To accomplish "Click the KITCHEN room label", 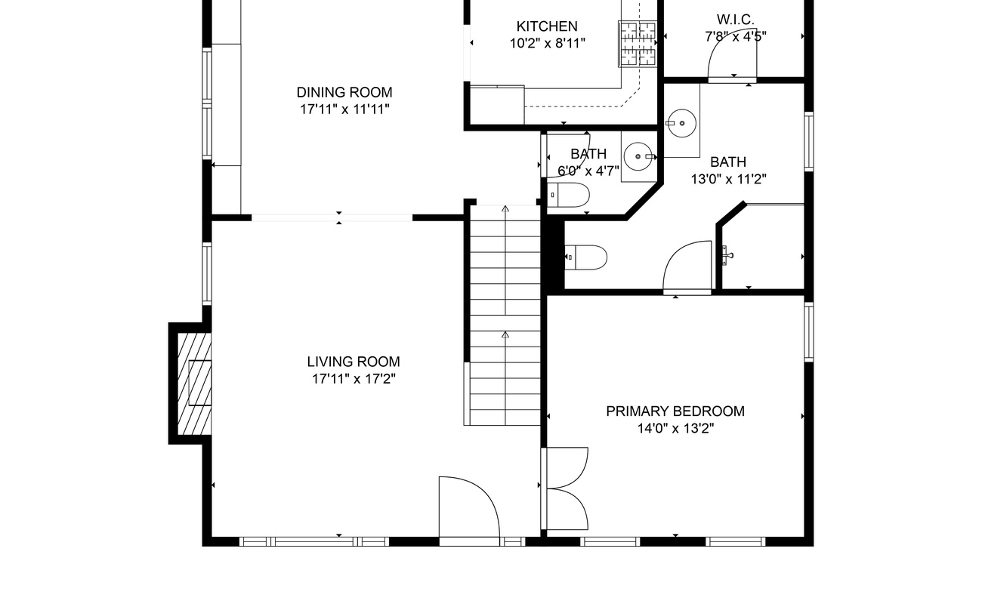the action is coord(547,26).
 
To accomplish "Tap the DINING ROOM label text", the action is coord(344,92).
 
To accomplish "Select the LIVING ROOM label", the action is coord(354,362).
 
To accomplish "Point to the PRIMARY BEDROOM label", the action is coord(675,411).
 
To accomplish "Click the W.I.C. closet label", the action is coord(735,20).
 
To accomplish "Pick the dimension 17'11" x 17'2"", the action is coord(354,379).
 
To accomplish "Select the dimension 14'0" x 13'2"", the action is coord(675,428).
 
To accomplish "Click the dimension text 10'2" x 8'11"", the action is coord(547,43).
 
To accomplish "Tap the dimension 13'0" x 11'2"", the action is coord(729,179).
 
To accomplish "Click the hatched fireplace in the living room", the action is coord(194,384).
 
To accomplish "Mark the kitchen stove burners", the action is coord(638,44).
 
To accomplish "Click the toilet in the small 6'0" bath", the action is coord(568,195).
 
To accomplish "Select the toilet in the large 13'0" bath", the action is coord(586,257).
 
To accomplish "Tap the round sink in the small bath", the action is coord(638,156).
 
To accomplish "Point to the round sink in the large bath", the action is coord(681,123).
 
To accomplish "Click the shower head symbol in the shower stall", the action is coord(727,255).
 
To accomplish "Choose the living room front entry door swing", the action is coord(469,508).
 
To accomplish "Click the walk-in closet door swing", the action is coord(732,56).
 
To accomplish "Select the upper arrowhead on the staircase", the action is coord(505,208).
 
